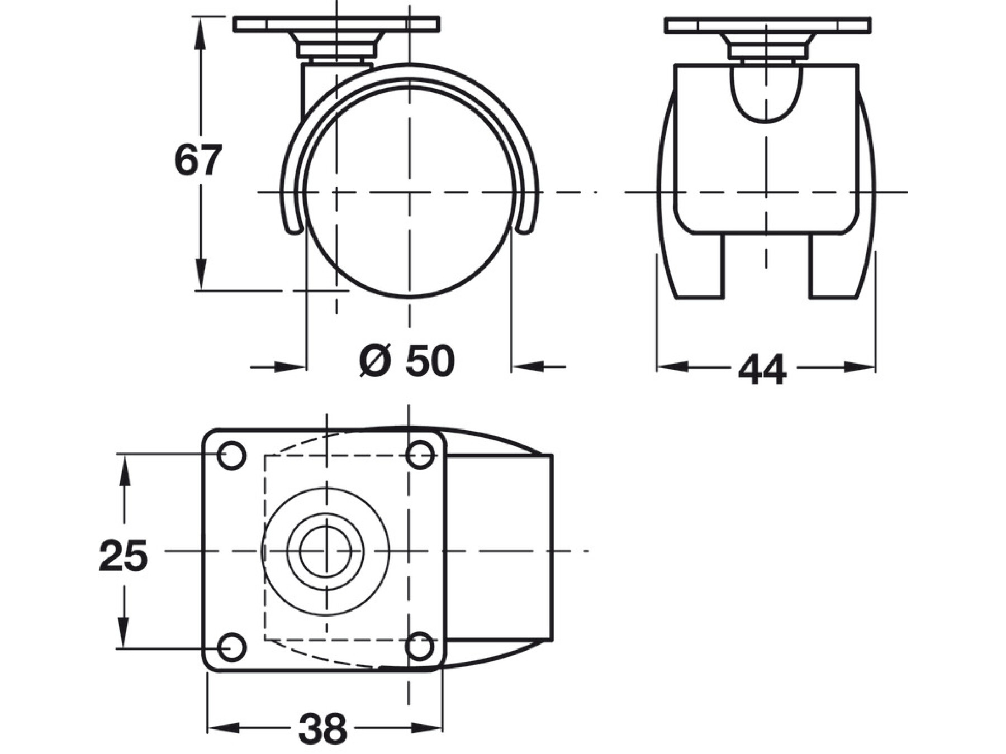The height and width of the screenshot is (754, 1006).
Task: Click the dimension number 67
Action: click(198, 160)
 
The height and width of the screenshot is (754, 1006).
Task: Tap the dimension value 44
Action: click(762, 369)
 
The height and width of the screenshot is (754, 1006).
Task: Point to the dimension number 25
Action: click(124, 556)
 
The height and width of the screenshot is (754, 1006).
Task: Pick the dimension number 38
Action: click(322, 728)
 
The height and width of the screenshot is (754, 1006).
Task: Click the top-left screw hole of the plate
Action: click(231, 455)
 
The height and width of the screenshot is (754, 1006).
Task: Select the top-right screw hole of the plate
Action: click(420, 455)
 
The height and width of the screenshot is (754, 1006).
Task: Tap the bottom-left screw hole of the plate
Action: click(231, 648)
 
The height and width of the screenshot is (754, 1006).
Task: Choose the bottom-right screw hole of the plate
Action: click(420, 647)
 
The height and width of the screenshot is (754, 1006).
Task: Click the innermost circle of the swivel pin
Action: click(325, 551)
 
